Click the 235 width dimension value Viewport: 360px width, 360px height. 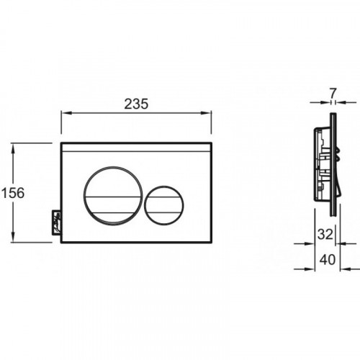point(136,104)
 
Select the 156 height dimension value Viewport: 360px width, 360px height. point(13,193)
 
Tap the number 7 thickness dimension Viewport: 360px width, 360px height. point(333,94)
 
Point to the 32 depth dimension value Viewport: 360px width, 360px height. point(325,234)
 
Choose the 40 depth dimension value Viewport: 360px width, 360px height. point(328,260)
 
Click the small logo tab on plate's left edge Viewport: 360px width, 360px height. point(56,223)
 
